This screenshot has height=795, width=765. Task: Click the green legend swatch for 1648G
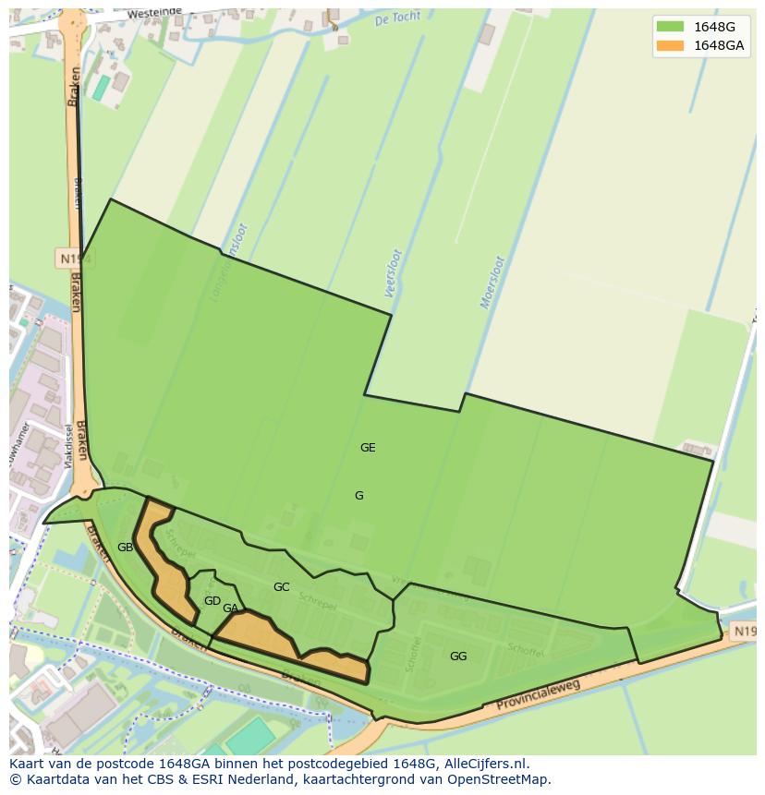point(670,27)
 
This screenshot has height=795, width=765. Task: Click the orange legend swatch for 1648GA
point(670,45)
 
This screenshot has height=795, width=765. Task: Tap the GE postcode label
point(368,448)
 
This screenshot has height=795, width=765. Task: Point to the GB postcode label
point(125,548)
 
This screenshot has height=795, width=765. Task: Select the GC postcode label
point(281,587)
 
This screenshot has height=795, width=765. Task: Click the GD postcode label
point(212,601)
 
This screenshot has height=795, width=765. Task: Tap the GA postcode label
point(230,608)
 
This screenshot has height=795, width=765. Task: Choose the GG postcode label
point(458,656)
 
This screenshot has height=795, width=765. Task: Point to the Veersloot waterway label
point(393,273)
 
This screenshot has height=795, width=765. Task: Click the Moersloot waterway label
point(492,283)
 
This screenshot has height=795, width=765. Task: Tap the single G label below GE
point(359,496)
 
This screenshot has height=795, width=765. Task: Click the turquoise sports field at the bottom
point(249,736)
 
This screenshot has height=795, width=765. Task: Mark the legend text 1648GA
point(718,45)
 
